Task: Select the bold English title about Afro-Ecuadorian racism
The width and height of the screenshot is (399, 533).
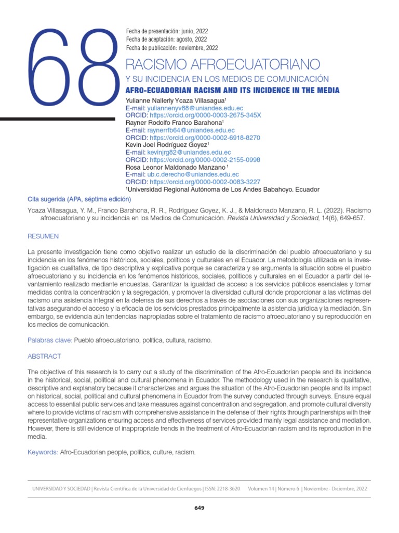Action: point(232,91)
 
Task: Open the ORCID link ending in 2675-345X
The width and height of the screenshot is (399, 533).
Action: point(205,115)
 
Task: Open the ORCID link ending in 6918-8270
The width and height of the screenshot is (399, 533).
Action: point(205,137)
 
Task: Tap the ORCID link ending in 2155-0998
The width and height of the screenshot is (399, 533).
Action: point(205,160)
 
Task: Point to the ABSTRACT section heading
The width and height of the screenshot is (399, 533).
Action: point(44,357)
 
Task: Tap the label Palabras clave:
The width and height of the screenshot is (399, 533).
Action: point(49,340)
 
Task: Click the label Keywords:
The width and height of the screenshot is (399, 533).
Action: point(43,452)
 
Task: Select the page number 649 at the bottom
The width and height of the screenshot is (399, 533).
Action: point(199,508)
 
